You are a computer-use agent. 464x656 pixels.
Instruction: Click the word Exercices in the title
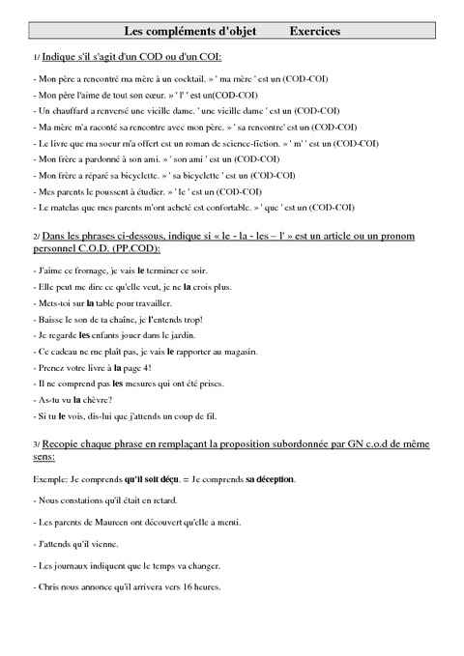click(314, 32)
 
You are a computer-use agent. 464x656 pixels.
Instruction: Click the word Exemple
click(51, 479)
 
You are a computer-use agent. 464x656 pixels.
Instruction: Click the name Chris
click(47, 586)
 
